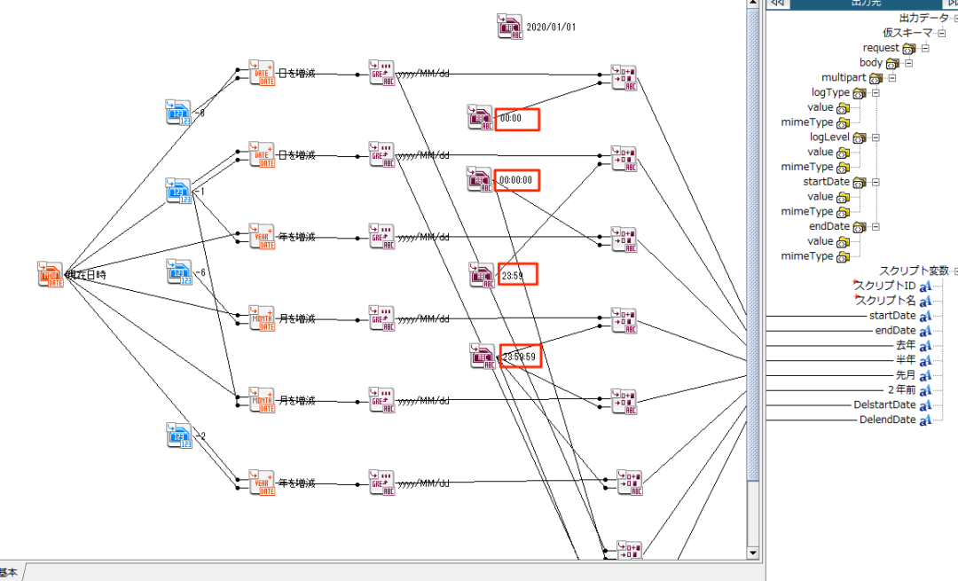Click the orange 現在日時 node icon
pyautogui.click(x=51, y=274)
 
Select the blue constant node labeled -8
pyautogui.click(x=178, y=113)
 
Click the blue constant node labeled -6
pyautogui.click(x=179, y=271)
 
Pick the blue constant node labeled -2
pyautogui.click(x=179, y=436)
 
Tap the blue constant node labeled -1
pyautogui.click(x=179, y=191)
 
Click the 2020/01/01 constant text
pyautogui.click(x=551, y=27)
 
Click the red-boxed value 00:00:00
pyautogui.click(x=517, y=180)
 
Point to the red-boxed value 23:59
pyautogui.click(x=517, y=275)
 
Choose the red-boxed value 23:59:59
pyautogui.click(x=520, y=357)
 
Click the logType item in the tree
pyautogui.click(x=830, y=93)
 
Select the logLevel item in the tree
pyautogui.click(x=829, y=137)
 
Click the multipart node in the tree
pyautogui.click(x=844, y=78)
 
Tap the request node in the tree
pyautogui.click(x=881, y=48)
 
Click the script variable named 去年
pyautogui.click(x=905, y=345)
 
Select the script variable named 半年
pyautogui.click(x=905, y=360)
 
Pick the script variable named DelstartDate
pyautogui.click(x=884, y=405)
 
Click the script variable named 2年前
pyautogui.click(x=901, y=390)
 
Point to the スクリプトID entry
pyautogui.click(x=884, y=286)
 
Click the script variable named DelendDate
pyautogui.click(x=887, y=420)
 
